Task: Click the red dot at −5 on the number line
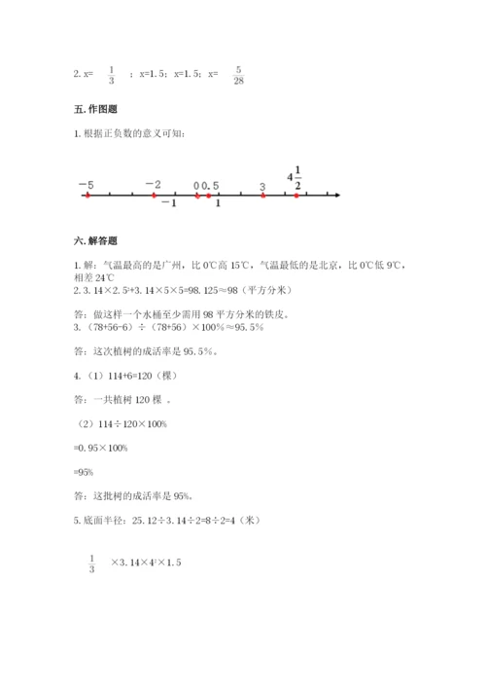coord(87,196)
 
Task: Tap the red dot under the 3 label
coord(263,196)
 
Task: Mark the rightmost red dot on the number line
coord(297,196)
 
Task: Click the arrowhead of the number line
coord(335,196)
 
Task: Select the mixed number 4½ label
coord(295,178)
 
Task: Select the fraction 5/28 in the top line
coord(239,74)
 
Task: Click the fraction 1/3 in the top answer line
coord(111,74)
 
